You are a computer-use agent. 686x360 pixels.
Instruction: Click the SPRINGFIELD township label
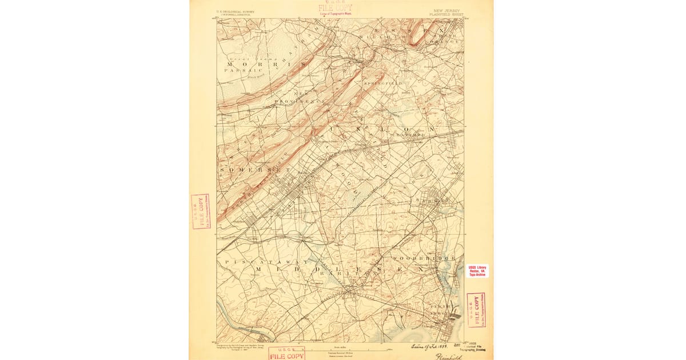click(383, 83)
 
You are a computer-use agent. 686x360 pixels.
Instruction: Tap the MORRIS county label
click(252, 65)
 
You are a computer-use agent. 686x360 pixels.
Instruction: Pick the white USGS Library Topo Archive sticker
click(478, 270)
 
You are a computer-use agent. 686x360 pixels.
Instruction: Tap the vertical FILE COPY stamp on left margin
click(201, 211)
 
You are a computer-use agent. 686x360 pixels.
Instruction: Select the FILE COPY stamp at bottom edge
click(286, 353)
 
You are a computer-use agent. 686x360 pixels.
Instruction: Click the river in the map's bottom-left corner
click(229, 320)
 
